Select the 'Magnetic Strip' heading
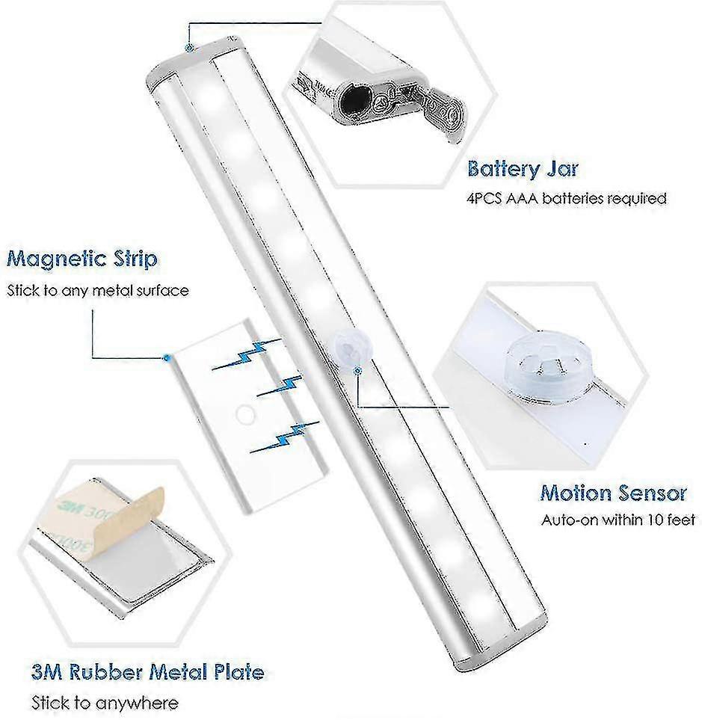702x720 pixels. (x=81, y=259)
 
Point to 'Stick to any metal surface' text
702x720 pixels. (x=98, y=290)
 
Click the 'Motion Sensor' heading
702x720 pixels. (x=613, y=493)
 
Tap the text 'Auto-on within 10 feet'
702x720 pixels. (x=618, y=520)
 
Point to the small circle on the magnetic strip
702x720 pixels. (x=243, y=413)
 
